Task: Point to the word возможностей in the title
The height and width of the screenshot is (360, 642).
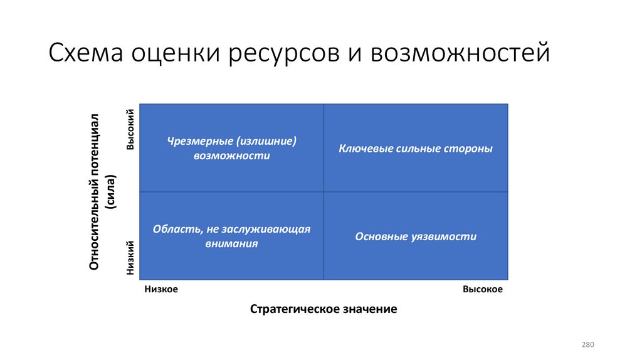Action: (460, 53)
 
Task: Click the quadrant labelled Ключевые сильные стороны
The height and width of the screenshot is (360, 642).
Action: (416, 149)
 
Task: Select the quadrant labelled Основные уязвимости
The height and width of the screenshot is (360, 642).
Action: (416, 236)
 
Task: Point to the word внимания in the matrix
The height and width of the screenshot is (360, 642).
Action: (231, 244)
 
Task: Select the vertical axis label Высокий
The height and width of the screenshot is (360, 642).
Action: (130, 129)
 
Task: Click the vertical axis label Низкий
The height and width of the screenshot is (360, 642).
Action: (130, 258)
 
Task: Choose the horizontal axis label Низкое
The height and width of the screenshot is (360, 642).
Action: (162, 289)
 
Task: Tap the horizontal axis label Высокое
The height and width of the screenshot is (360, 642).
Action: (483, 289)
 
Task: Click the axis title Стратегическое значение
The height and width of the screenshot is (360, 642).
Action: (324, 309)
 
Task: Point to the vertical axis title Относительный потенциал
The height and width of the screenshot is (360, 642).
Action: (95, 192)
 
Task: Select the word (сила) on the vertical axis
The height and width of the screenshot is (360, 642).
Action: (111, 191)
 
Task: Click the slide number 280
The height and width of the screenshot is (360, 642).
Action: (587, 345)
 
